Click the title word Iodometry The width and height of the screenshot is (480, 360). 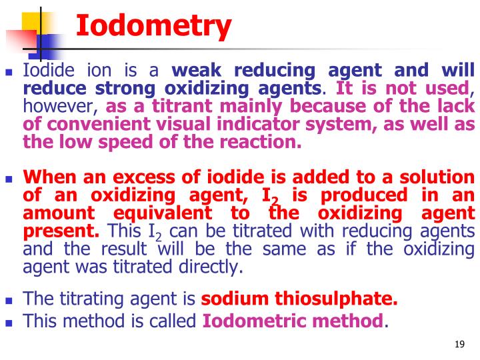[153, 27]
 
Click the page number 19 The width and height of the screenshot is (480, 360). [459, 344]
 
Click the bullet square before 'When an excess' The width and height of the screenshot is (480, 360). [9, 179]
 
